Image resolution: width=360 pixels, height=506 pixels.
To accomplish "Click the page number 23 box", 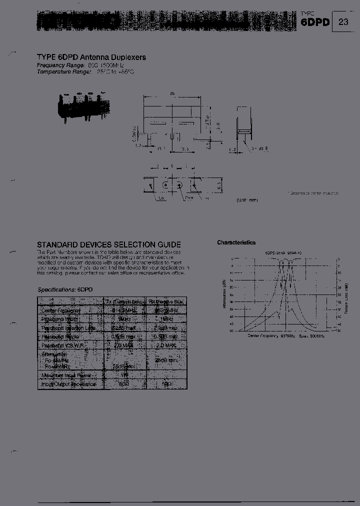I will click(343, 22).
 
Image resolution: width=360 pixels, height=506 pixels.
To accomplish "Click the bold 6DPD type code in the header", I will click(315, 22).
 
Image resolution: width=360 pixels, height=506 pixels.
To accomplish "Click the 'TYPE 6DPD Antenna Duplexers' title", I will click(91, 57).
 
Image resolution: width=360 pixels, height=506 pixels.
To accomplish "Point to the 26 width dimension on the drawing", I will click(171, 93).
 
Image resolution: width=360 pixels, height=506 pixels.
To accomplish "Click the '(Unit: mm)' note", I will click(247, 200).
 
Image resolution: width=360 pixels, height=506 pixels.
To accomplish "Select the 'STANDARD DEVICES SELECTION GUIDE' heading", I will click(109, 245).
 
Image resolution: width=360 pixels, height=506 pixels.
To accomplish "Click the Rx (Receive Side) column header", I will click(166, 301).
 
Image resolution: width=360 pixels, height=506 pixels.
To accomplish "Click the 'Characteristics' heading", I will click(236, 242).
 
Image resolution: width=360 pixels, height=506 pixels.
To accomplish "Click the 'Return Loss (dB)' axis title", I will click(346, 295).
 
